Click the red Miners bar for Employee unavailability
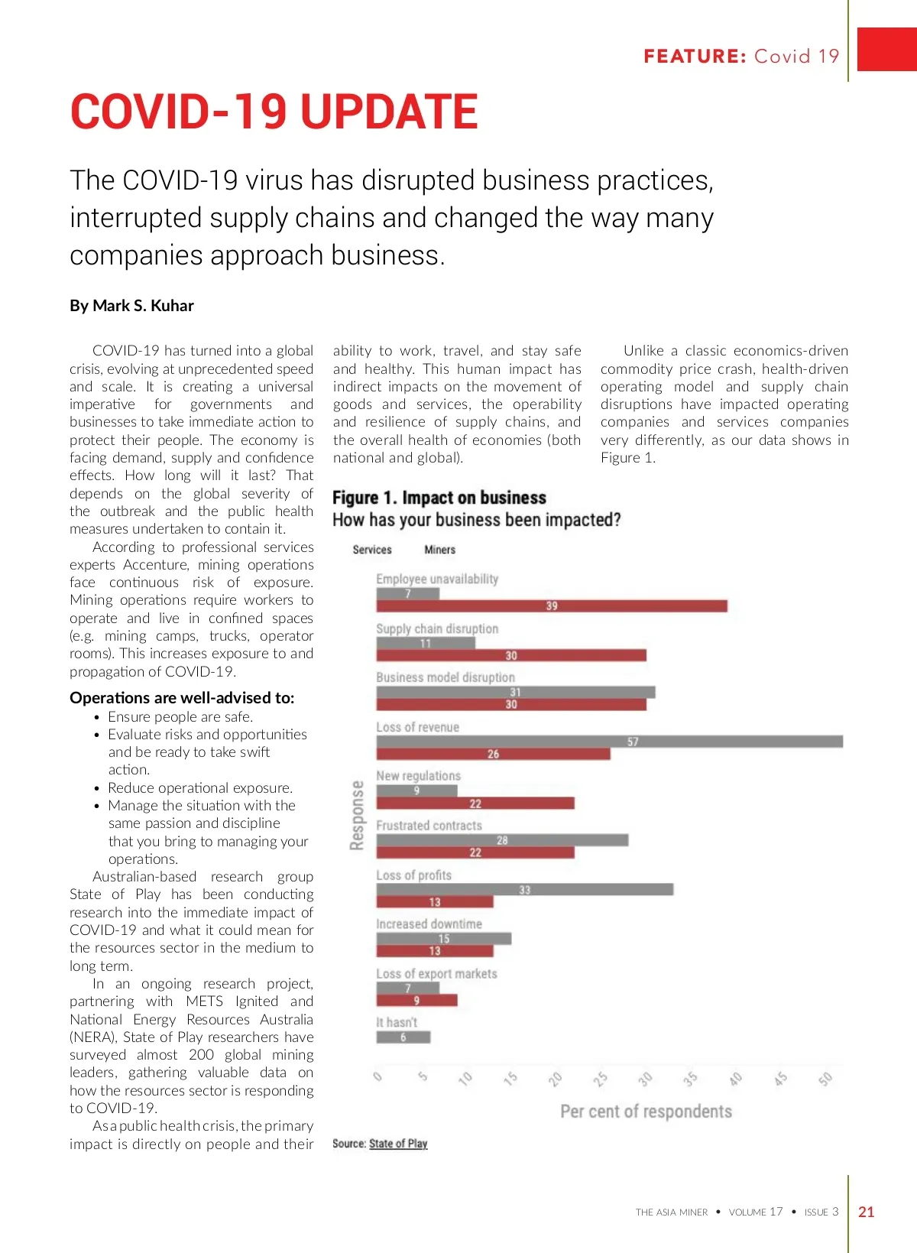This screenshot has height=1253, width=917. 551,606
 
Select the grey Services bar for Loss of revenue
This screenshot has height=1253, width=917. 609,742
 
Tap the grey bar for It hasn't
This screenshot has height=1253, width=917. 403,1037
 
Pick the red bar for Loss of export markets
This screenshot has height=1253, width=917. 416,1000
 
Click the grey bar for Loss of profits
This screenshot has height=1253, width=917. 524,890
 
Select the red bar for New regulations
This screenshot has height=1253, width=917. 475,803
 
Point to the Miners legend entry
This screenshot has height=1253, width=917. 439,550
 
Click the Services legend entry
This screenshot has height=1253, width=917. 372,550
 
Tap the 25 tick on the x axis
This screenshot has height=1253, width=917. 601,1079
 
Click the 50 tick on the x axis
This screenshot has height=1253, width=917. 825,1079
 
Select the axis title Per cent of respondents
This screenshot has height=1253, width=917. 646,1112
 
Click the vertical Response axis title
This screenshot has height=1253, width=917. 357,815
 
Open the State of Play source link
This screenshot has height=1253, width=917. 398,1144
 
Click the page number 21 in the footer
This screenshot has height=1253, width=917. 867,1212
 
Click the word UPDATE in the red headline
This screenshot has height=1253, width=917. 390,112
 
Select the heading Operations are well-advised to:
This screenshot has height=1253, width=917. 182,697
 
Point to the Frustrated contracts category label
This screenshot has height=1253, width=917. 429,826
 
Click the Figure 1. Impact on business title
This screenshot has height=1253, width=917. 439,498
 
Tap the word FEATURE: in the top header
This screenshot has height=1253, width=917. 695,57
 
